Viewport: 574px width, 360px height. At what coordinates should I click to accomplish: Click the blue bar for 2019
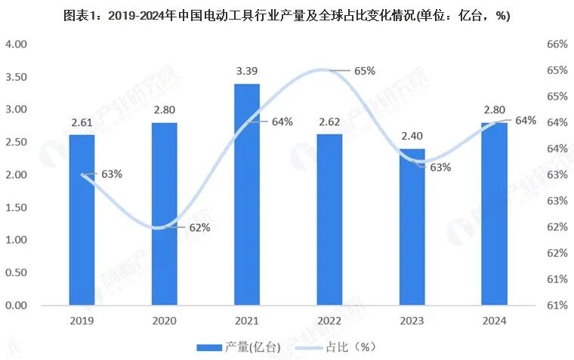[x=82, y=220]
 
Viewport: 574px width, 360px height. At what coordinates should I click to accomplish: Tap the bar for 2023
[x=412, y=226]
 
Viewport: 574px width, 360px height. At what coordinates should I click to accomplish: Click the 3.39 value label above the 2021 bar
[x=247, y=72]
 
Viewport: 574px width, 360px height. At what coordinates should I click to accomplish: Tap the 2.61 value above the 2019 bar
[x=82, y=122]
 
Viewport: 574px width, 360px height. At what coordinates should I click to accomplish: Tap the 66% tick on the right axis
[x=556, y=45]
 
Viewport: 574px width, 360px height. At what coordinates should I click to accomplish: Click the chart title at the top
[x=287, y=15]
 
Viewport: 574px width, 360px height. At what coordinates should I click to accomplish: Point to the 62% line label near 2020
[x=199, y=228]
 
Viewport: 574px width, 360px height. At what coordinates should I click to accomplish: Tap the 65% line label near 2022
[x=364, y=71]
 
